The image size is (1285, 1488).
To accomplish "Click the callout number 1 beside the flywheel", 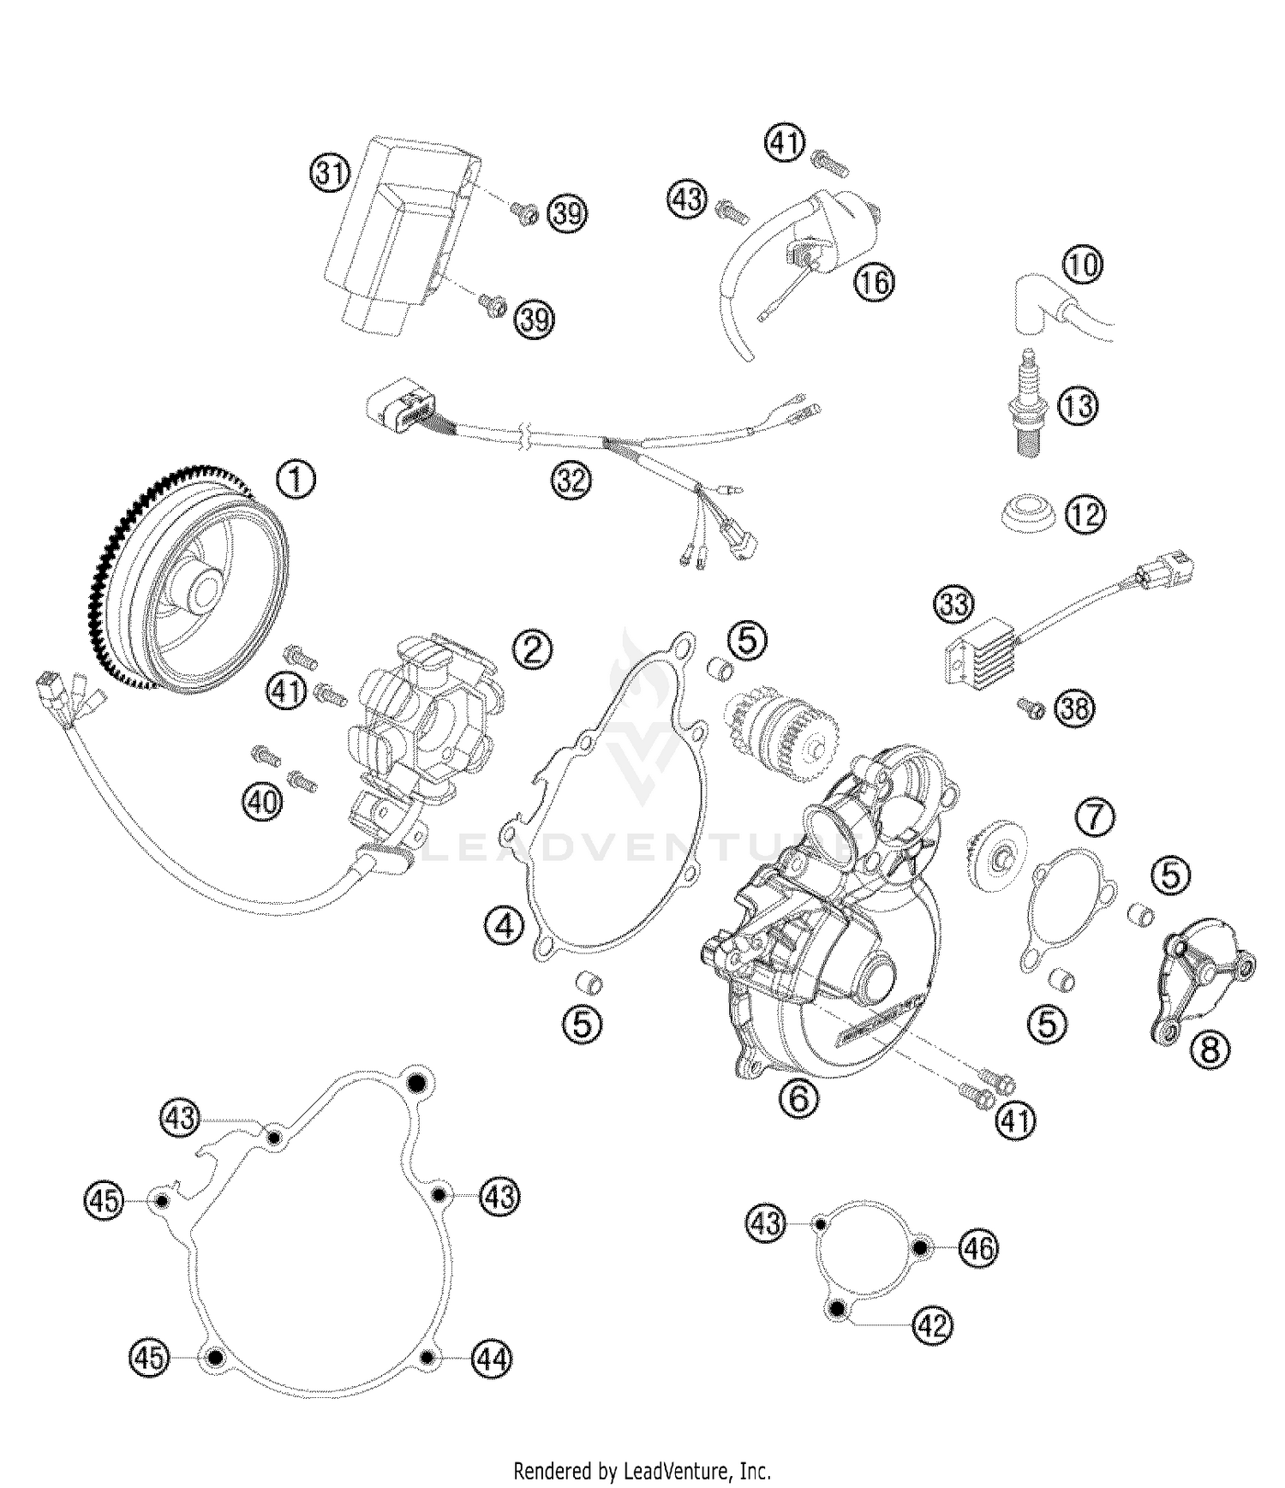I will [296, 481].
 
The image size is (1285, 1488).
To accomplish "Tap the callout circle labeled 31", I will [329, 175].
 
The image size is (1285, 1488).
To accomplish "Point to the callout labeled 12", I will [1085, 515].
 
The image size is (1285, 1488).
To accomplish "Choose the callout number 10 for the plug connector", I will [1084, 266].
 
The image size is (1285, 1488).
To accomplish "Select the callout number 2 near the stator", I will [532, 650].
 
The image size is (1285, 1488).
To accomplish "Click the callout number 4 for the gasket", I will [503, 925].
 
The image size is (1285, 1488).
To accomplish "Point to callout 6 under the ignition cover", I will [798, 1097].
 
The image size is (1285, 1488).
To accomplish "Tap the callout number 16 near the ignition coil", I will [874, 282].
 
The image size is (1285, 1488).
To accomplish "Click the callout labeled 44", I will [493, 1359].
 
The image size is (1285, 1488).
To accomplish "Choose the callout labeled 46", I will [977, 1249].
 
